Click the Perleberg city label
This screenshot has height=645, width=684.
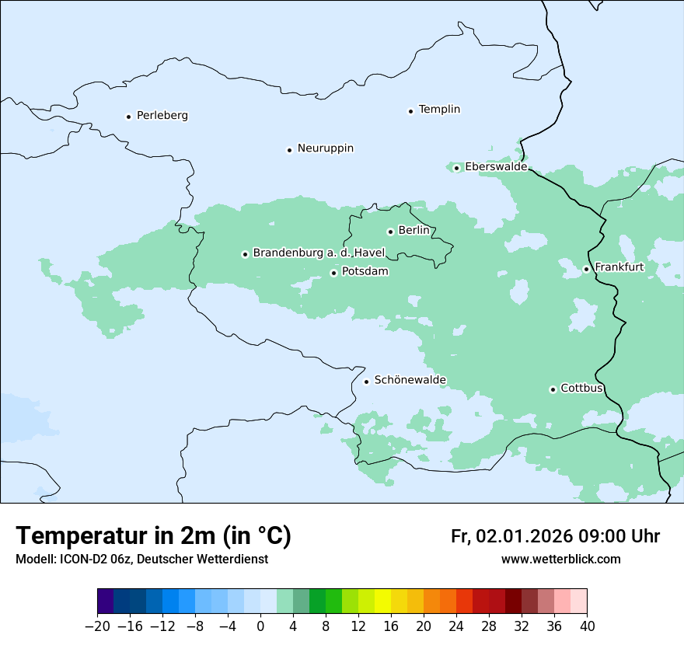point(162,116)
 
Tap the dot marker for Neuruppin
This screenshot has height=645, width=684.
point(289,150)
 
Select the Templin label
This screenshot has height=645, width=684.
point(439,110)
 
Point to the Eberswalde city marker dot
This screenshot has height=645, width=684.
point(457,168)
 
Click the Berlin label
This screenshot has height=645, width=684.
point(414,231)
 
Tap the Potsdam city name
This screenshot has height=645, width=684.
point(365,272)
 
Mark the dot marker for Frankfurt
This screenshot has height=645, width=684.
point(587,270)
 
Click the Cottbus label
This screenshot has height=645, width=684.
point(581,389)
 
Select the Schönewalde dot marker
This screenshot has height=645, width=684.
point(367,382)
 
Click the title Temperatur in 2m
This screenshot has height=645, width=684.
point(153,536)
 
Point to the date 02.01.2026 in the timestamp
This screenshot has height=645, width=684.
point(525,537)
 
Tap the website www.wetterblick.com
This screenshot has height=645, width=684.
point(560,560)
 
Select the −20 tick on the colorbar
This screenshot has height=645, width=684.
point(97,626)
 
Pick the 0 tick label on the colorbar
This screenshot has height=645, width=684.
point(260,626)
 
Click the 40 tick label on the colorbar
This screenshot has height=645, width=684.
point(587,626)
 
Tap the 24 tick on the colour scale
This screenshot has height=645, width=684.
point(456,626)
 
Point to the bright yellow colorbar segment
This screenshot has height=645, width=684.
point(382,601)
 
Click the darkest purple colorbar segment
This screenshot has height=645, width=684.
point(105,601)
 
